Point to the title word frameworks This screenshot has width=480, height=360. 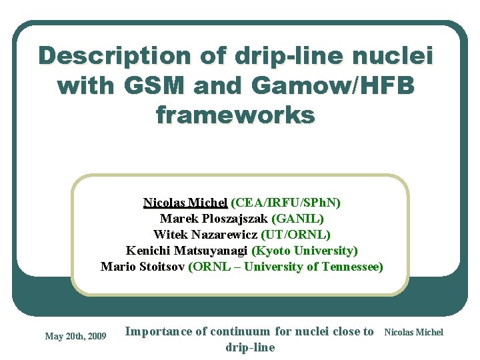(235, 115)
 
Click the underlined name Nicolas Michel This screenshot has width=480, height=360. (185, 203)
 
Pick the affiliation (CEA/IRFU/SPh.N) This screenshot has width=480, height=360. (285, 203)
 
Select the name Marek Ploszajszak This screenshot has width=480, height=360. (214, 219)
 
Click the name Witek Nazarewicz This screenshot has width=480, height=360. (205, 235)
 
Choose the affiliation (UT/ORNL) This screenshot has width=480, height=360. (296, 235)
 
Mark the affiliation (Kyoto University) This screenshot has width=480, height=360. (305, 251)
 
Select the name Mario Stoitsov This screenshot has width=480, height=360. (143, 267)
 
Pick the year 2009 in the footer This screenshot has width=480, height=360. (96, 336)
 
